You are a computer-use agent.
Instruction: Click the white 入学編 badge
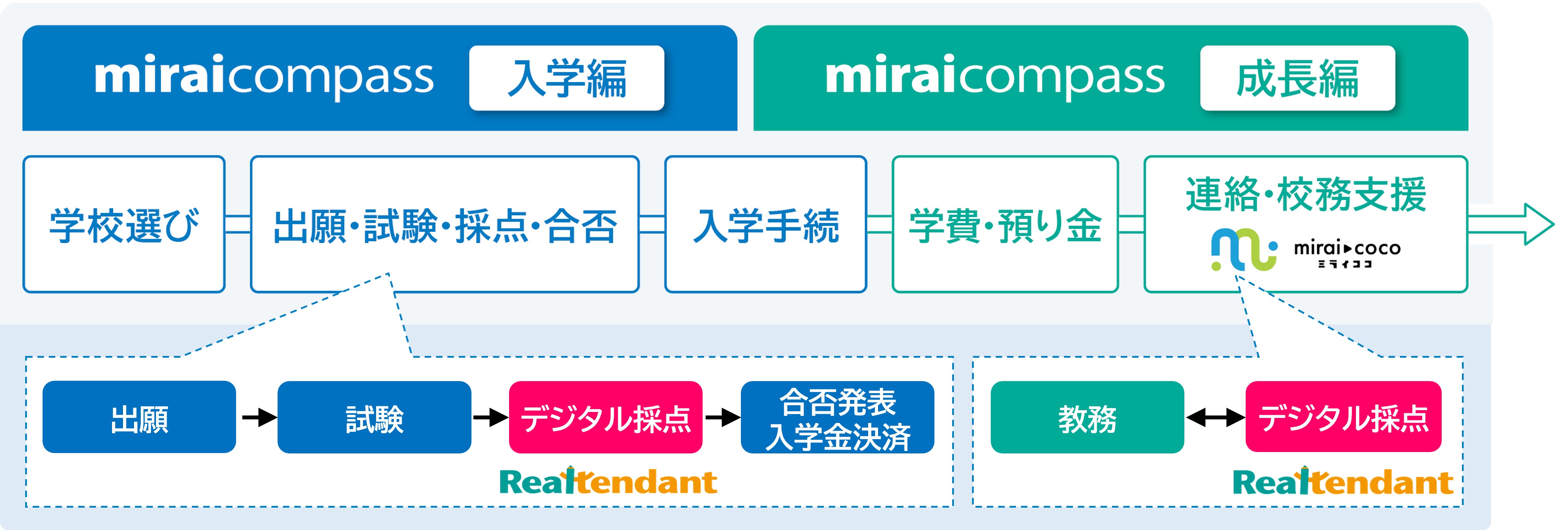pyautogui.click(x=566, y=78)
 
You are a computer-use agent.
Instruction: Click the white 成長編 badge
pyautogui.click(x=1297, y=78)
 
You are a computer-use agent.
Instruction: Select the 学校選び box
pyautogui.click(x=124, y=224)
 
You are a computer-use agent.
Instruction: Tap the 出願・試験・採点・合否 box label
pyautogui.click(x=445, y=226)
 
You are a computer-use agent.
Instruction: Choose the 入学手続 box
pyautogui.click(x=766, y=224)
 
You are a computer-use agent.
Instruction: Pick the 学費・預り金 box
pyautogui.click(x=1005, y=224)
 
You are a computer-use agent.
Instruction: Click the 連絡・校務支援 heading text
pyautogui.click(x=1306, y=194)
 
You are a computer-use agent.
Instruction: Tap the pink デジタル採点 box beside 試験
pyautogui.click(x=605, y=417)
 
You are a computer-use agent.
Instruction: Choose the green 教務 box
pyautogui.click(x=1088, y=417)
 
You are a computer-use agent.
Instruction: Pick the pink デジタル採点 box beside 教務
pyautogui.click(x=1344, y=417)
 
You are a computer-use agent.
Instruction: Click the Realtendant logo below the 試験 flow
pyautogui.click(x=608, y=481)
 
